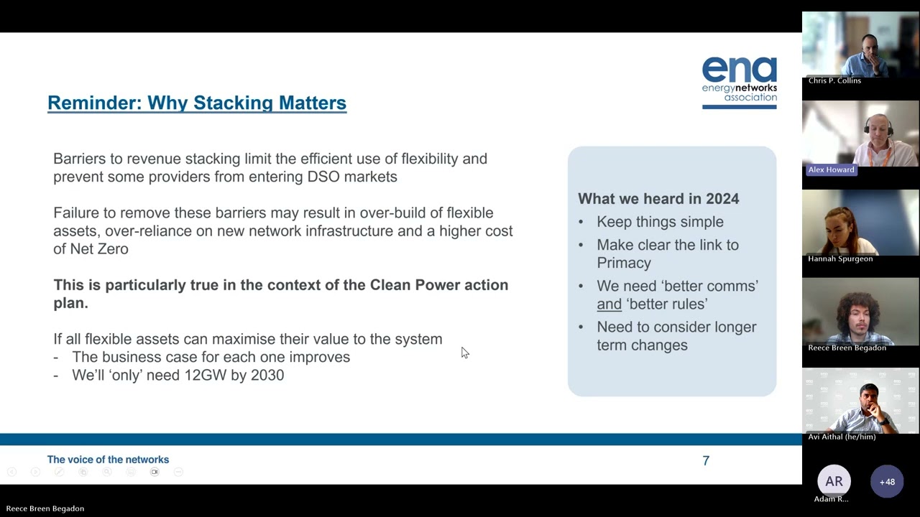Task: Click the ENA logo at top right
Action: pos(739,83)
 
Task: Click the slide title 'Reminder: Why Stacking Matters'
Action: pos(197,103)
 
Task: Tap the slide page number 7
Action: pos(706,461)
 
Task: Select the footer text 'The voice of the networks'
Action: pos(108,460)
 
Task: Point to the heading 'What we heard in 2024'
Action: pos(658,199)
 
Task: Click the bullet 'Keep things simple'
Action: pos(660,222)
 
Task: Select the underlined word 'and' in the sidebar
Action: pos(609,304)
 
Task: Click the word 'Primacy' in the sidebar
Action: pos(624,263)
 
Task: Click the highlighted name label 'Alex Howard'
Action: pos(831,169)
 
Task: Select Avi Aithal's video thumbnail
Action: pos(860,402)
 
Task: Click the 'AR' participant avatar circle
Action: pos(834,481)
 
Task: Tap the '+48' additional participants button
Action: pos(887,481)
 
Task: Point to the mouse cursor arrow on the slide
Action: pos(464,352)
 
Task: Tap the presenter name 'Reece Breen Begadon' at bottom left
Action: pos(45,508)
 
